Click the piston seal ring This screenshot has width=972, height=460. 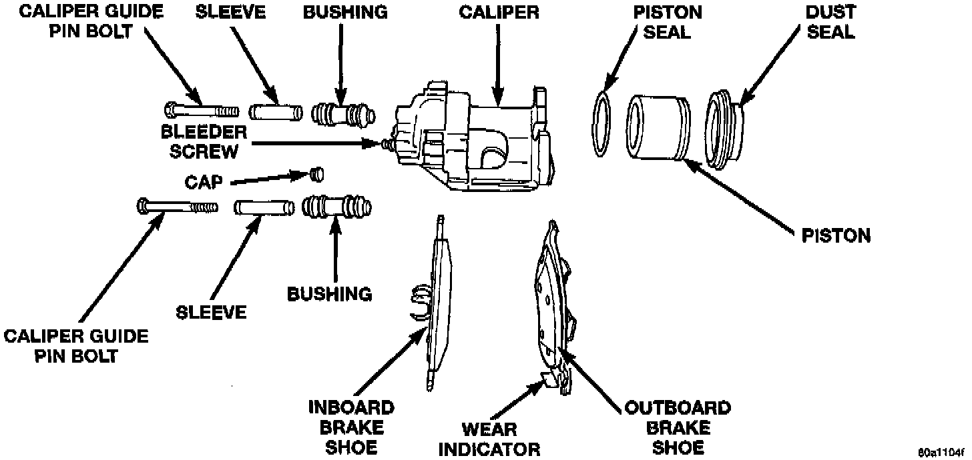[x=601, y=124]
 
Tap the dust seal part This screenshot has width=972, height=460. [x=724, y=129]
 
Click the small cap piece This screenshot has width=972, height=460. [x=317, y=175]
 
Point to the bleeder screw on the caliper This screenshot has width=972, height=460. [x=387, y=143]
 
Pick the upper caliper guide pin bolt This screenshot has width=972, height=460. [x=202, y=110]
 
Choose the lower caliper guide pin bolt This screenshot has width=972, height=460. [x=178, y=206]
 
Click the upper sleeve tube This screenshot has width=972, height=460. [x=276, y=112]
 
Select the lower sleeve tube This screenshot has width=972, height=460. [x=264, y=207]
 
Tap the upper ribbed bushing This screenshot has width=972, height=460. [x=343, y=115]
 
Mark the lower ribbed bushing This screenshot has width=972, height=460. [x=336, y=207]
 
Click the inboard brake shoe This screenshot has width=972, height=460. [x=433, y=303]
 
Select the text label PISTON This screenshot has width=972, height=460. [x=836, y=236]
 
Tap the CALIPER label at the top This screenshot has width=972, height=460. [x=499, y=12]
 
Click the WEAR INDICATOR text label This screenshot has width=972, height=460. [x=489, y=439]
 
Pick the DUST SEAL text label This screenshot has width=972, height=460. [x=831, y=21]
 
